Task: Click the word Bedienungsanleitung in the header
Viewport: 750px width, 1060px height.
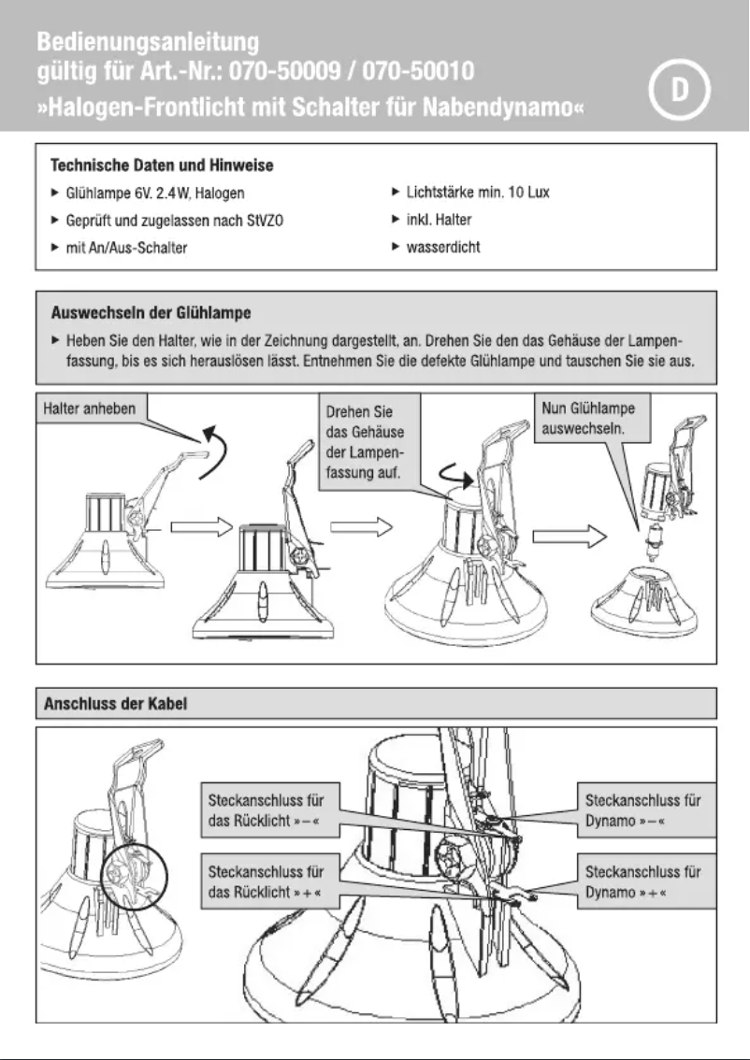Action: point(150,42)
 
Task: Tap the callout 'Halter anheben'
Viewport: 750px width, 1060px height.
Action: point(92,408)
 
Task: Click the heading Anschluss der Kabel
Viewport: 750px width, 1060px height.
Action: point(111,702)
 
